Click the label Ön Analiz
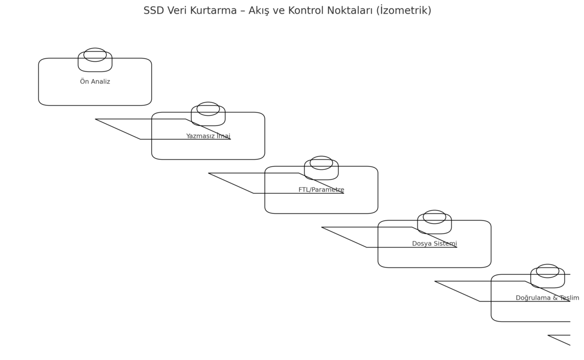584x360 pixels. tap(95, 82)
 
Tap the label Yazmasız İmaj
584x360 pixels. tap(208, 136)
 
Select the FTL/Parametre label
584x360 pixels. tap(321, 190)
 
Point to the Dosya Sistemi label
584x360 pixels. tap(434, 244)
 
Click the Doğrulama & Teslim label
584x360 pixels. tap(547, 298)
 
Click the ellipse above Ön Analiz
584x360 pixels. tap(95, 48)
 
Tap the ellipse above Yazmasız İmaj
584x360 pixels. tap(208, 102)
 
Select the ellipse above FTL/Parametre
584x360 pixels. tap(321, 156)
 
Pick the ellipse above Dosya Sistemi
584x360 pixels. tap(434, 210)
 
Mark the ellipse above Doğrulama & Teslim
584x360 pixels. tap(547, 264)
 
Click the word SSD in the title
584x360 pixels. tap(154, 11)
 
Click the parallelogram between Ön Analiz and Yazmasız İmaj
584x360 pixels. tap(163, 139)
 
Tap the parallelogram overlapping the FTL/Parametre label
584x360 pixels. tap(276, 193)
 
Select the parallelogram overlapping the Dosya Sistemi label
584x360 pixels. tap(389, 247)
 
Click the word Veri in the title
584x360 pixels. tap(177, 11)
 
